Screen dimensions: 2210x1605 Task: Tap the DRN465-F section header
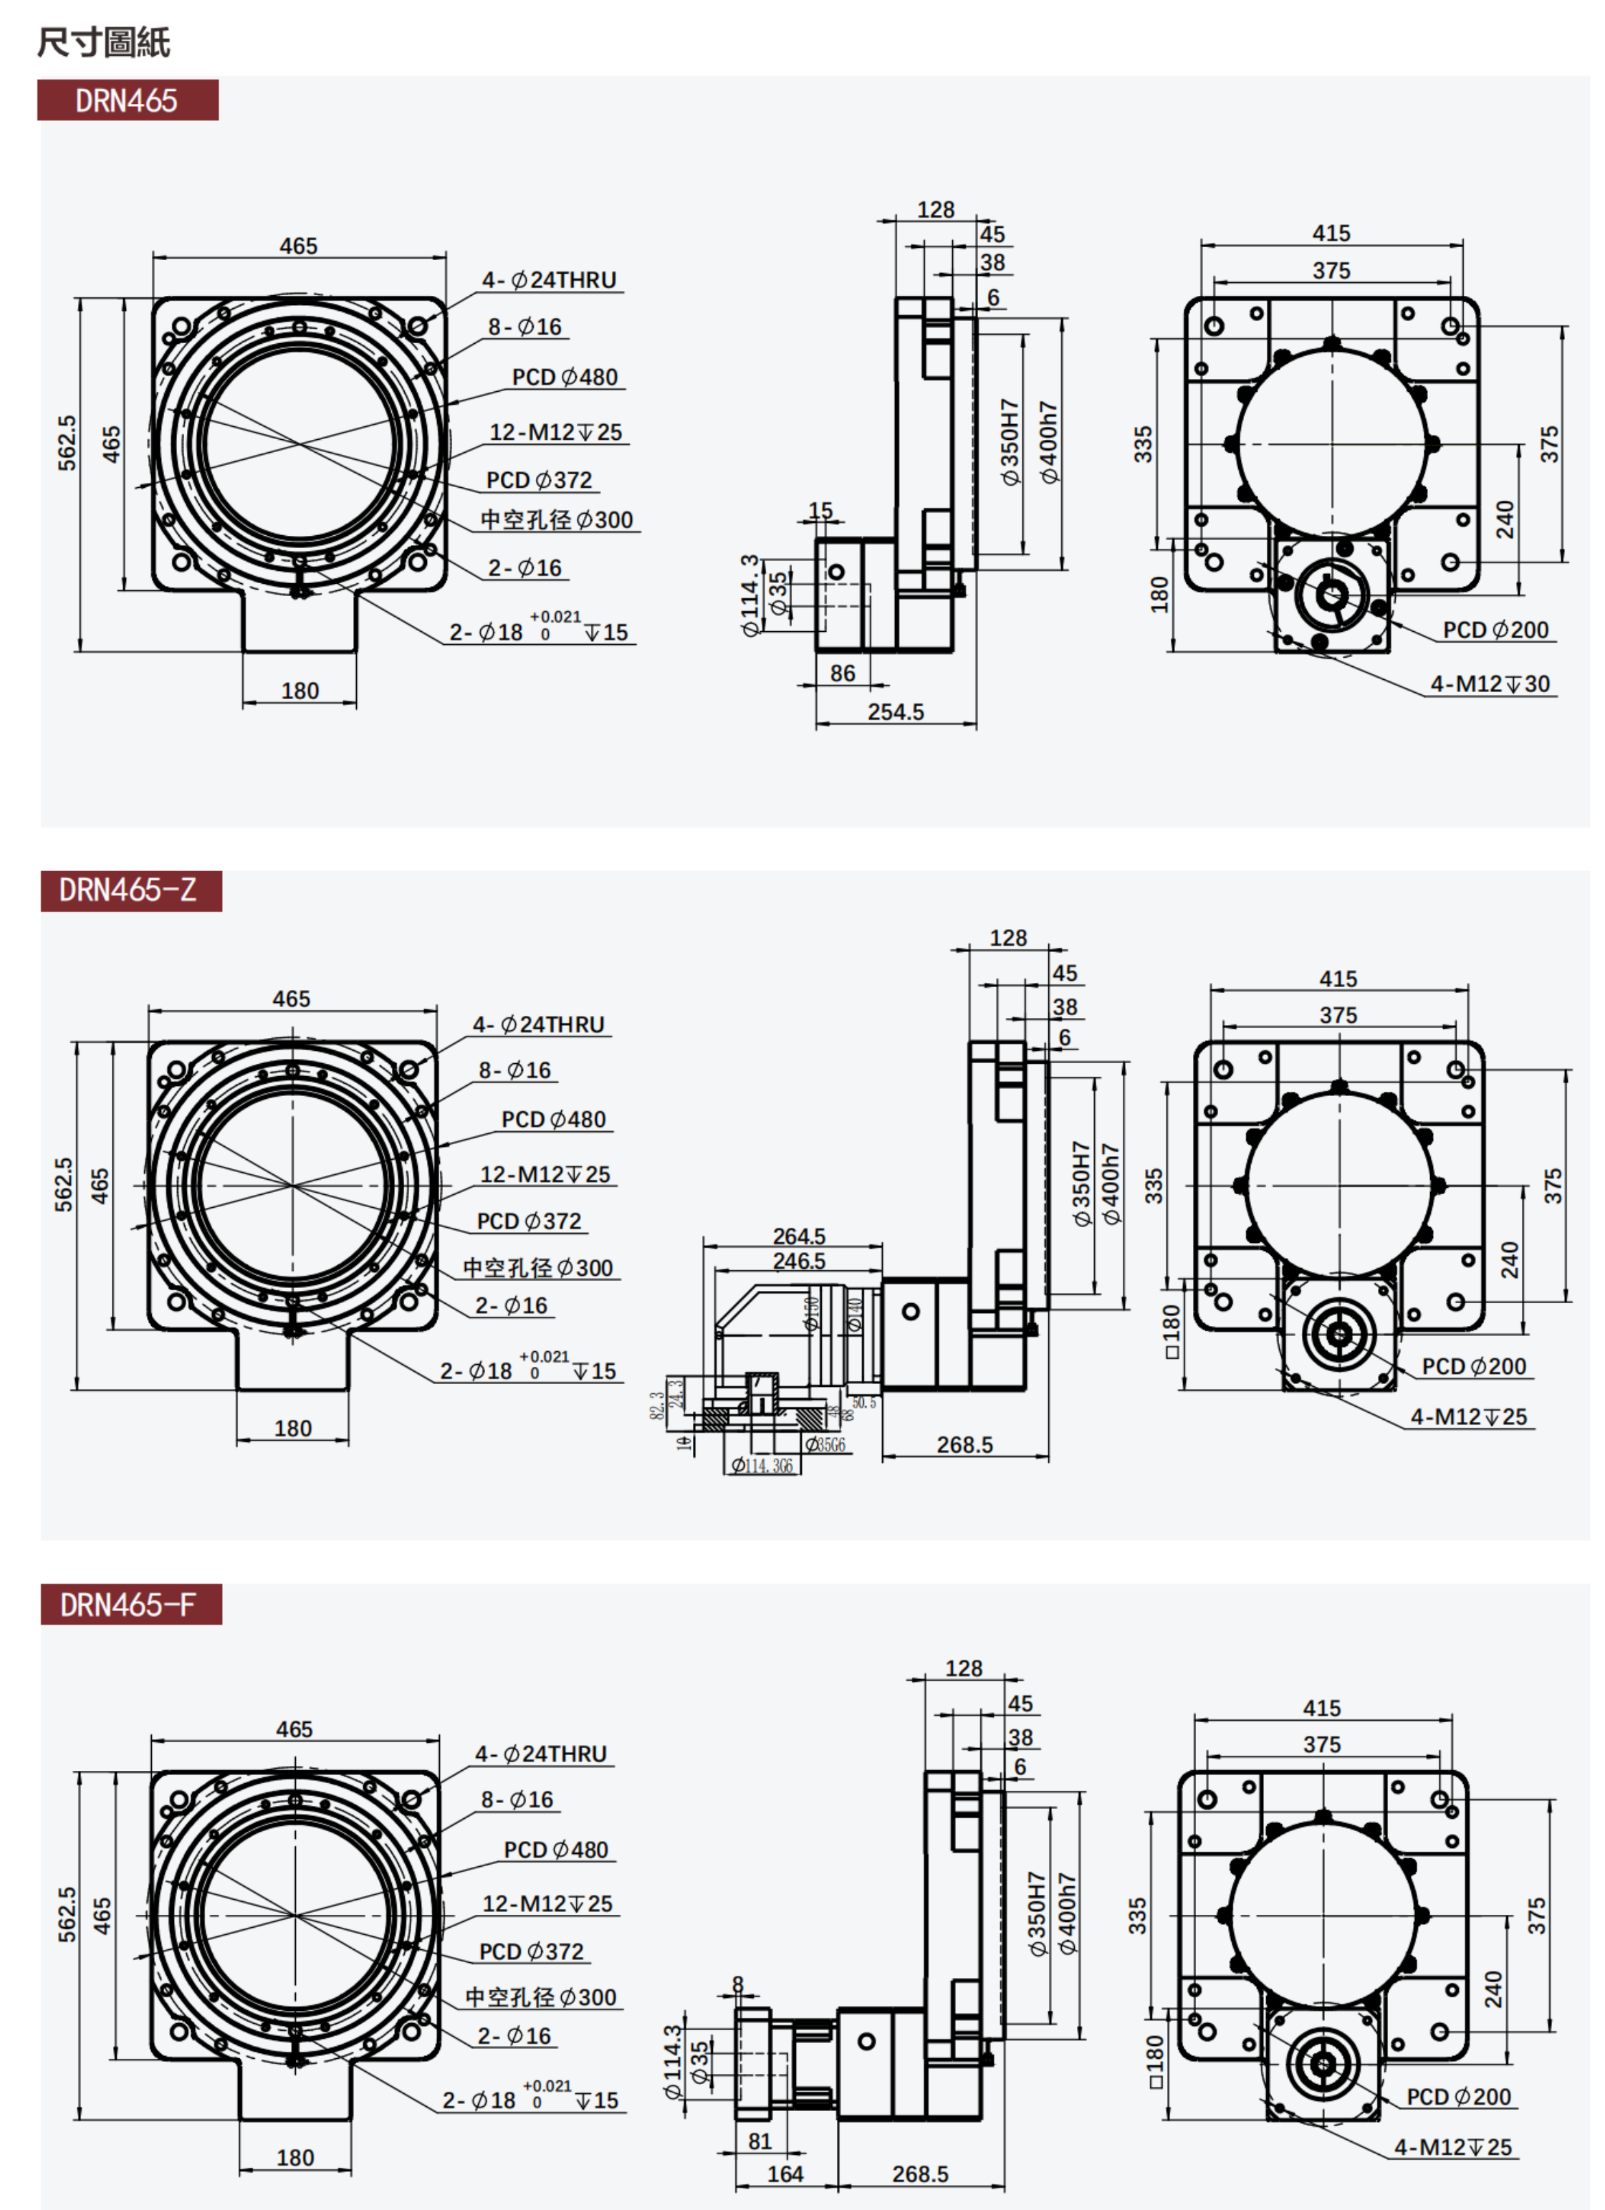click(x=130, y=1605)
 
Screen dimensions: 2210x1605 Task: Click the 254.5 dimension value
click(x=896, y=712)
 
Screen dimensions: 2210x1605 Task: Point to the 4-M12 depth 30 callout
click(x=1490, y=684)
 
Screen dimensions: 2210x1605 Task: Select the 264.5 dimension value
click(x=799, y=1236)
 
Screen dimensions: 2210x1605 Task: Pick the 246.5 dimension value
click(x=799, y=1261)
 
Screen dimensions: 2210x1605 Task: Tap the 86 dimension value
click(x=843, y=673)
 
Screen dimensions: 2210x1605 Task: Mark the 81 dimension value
click(x=760, y=2141)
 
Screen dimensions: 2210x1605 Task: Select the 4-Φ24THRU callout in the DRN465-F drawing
click(x=541, y=1754)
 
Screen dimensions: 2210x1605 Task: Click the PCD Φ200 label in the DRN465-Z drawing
click(x=1473, y=1366)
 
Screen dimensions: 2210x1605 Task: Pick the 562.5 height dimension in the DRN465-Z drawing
click(x=63, y=1185)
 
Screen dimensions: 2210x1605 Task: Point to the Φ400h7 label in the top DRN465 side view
click(x=1048, y=443)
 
